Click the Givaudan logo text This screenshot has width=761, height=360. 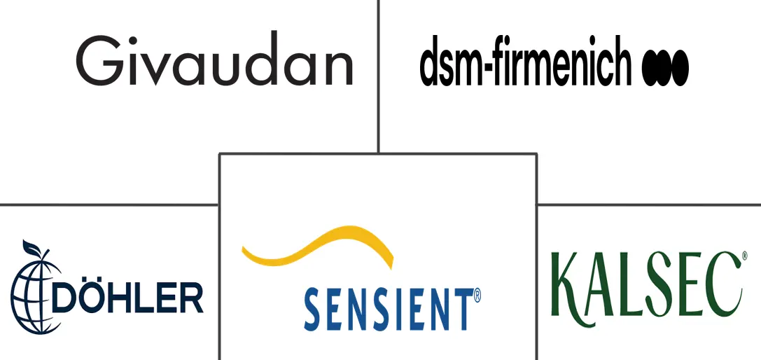click(x=214, y=58)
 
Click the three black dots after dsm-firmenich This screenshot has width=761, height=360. click(x=665, y=67)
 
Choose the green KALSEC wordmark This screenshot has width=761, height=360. click(x=646, y=283)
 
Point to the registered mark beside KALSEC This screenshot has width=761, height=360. click(x=744, y=254)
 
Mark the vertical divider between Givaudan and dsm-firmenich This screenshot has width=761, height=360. click(x=378, y=76)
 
